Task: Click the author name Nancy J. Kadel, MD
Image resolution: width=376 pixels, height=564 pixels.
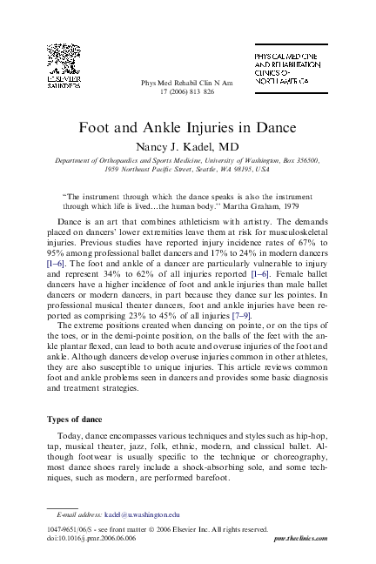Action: (188, 145)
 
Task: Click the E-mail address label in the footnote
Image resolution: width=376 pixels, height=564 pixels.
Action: (78, 514)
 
